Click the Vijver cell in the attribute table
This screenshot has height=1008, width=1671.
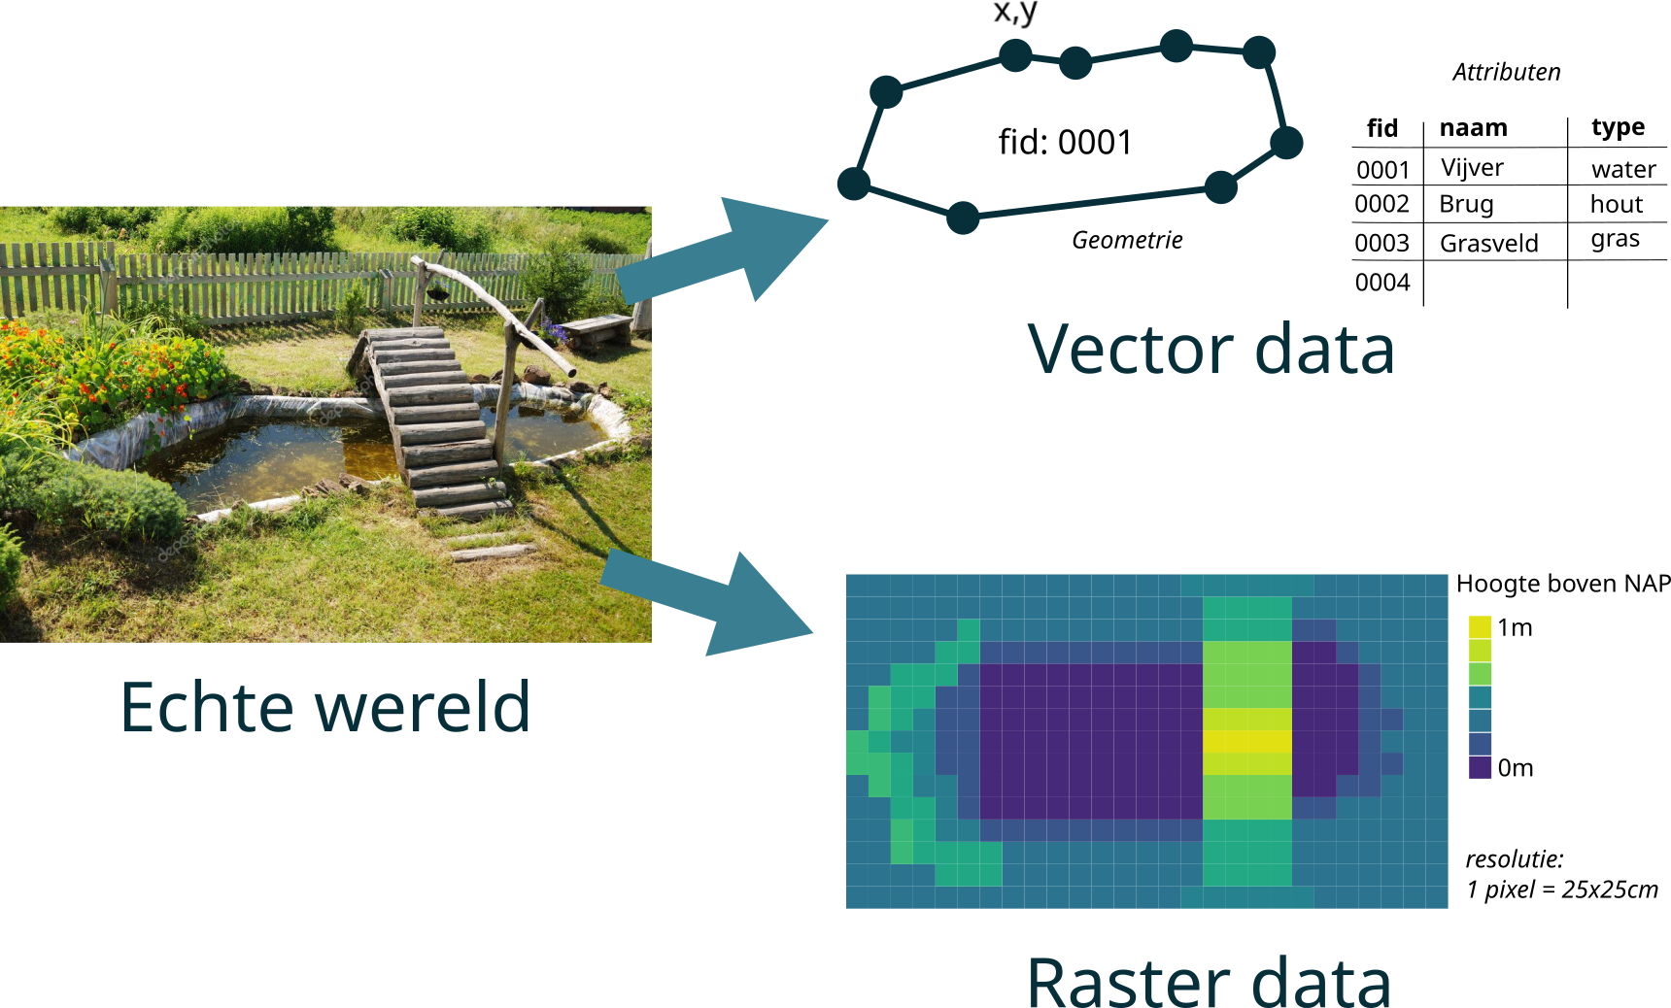pos(1472,168)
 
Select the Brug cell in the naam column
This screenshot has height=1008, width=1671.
pos(1466,204)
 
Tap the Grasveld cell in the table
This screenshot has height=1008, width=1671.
pos(1488,243)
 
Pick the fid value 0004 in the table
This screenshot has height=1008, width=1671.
pos(1381,283)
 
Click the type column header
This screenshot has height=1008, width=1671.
pos(1618,127)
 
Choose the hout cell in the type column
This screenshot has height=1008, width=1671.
pos(1616,204)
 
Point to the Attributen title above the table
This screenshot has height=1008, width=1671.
pos(1506,72)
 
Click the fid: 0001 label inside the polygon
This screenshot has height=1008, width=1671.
pos(1065,143)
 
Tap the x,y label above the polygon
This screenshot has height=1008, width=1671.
pos(1015,13)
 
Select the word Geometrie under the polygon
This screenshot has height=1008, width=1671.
pos(1127,240)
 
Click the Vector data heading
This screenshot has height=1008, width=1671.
pos(1211,350)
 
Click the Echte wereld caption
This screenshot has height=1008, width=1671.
pos(325,707)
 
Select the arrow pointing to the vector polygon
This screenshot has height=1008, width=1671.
pos(729,252)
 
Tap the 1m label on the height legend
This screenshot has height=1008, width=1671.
pos(1515,627)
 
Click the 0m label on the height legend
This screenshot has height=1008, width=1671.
pos(1515,768)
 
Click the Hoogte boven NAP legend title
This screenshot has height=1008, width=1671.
pos(1562,584)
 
